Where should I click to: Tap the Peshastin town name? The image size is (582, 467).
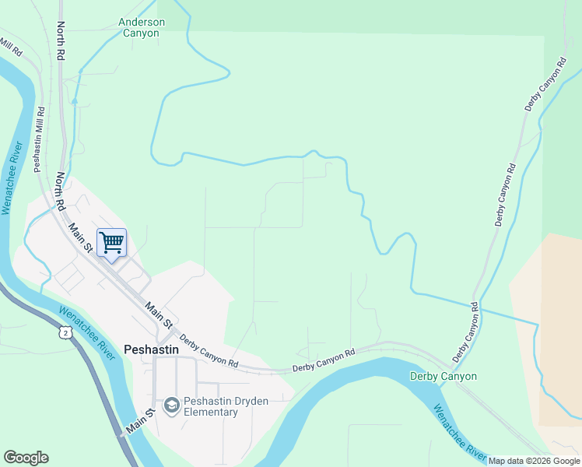click(x=151, y=350)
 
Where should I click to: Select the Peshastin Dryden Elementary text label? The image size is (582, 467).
click(x=211, y=407)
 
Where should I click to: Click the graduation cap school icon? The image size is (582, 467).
click(x=171, y=405)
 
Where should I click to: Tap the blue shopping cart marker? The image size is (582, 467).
click(x=111, y=243)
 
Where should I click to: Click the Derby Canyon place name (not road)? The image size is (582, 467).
click(x=444, y=377)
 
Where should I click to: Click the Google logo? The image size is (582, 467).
click(x=26, y=458)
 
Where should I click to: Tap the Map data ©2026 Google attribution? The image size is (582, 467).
click(x=535, y=462)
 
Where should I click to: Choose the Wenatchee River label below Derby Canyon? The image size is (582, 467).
click(x=461, y=433)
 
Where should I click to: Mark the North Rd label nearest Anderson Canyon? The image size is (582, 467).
click(x=60, y=40)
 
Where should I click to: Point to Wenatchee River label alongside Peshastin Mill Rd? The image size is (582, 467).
click(x=11, y=178)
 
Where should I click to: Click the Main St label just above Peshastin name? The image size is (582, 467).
click(x=158, y=315)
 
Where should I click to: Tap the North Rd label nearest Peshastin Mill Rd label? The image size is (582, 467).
click(x=60, y=191)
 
